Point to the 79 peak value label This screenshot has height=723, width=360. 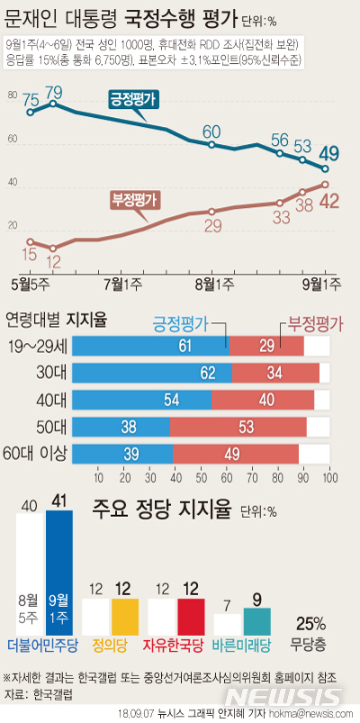(53, 92)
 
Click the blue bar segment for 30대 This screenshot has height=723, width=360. (151, 373)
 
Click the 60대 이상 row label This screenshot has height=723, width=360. (36, 454)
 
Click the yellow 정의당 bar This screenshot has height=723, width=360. (125, 618)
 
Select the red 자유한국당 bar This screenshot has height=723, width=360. (191, 618)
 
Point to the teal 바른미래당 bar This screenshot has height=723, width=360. (256, 621)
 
